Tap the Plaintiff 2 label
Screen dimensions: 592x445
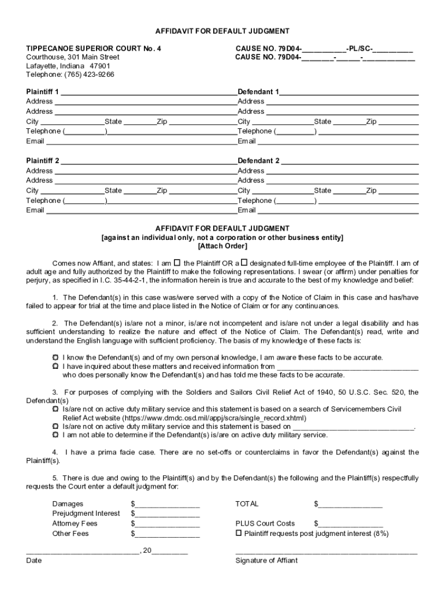coord(43,161)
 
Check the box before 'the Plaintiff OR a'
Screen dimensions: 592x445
coord(177,262)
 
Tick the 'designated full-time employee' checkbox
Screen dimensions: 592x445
coord(244,262)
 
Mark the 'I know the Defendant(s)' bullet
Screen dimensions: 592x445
coord(55,357)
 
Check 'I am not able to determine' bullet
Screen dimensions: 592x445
coord(55,435)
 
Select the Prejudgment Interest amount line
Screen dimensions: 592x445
coord(168,514)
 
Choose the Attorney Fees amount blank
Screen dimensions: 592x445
coord(168,524)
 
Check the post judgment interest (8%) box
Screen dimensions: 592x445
coord(239,533)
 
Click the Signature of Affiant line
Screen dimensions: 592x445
coord(326,553)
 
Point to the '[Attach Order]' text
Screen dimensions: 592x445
coord(222,246)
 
